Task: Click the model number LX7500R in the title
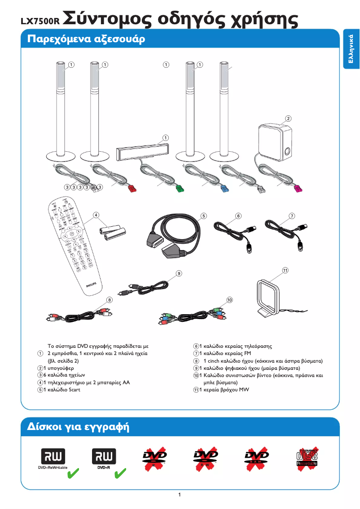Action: click(x=40, y=21)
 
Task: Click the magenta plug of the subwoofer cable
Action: click(x=297, y=188)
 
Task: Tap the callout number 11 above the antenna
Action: click(x=285, y=270)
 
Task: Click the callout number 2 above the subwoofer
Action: click(x=288, y=118)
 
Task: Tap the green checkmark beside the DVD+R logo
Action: click(x=120, y=473)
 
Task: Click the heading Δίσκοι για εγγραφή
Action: click(x=79, y=426)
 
